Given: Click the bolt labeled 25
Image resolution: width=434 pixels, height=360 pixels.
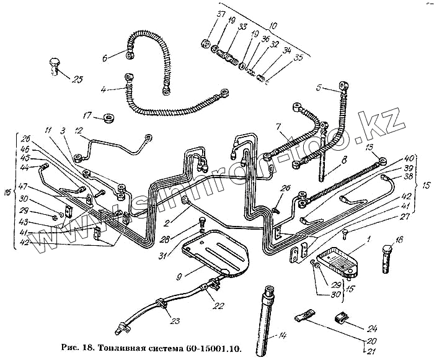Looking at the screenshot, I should (x=54, y=65).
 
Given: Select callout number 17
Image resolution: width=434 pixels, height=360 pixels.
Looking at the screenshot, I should (x=87, y=115).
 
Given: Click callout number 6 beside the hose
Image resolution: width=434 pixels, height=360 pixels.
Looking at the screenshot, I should (x=105, y=58).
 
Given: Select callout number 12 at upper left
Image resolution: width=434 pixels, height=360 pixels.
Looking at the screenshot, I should (x=79, y=131).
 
